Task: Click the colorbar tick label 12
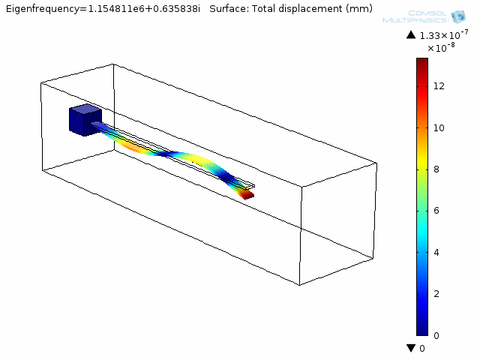click(439, 86)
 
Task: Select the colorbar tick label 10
click(439, 127)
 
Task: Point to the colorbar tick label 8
click(437, 169)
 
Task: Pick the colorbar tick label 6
click(437, 211)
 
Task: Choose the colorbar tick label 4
click(437, 252)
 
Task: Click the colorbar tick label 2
click(437, 293)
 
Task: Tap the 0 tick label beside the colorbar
click(437, 335)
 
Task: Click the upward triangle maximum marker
click(410, 35)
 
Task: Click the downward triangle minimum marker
click(410, 348)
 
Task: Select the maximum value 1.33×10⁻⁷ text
click(444, 34)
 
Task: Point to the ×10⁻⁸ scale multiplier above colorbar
click(442, 48)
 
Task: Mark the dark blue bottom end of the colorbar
click(421, 331)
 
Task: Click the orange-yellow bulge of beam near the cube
click(135, 147)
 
